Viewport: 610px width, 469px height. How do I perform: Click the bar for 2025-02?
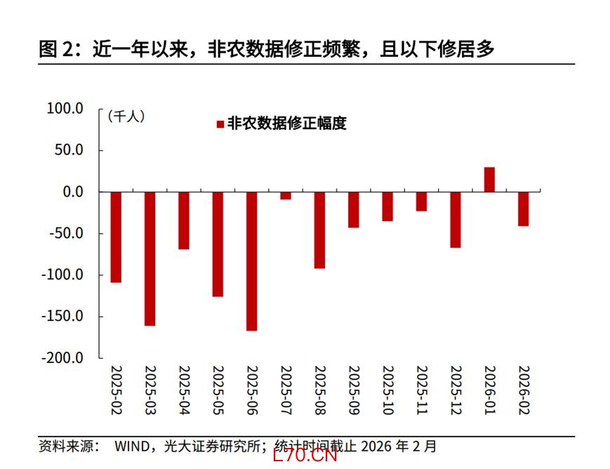[116, 237]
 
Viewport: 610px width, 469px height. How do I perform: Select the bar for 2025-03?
[150, 258]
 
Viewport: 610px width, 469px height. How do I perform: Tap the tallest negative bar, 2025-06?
[251, 260]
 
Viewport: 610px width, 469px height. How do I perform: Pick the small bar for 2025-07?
[286, 196]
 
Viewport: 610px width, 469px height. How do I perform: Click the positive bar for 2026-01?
[489, 179]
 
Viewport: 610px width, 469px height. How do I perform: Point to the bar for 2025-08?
[319, 230]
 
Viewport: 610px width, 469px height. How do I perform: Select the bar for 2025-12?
[456, 219]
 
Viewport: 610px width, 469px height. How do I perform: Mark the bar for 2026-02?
[523, 209]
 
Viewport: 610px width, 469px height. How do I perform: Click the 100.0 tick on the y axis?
[65, 109]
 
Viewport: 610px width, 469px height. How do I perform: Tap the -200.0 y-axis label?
[62, 357]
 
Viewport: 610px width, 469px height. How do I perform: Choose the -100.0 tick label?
[62, 275]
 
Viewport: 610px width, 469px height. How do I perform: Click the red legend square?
[220, 124]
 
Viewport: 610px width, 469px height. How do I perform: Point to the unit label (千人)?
[126, 117]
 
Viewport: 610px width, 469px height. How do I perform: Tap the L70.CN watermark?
[306, 456]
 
